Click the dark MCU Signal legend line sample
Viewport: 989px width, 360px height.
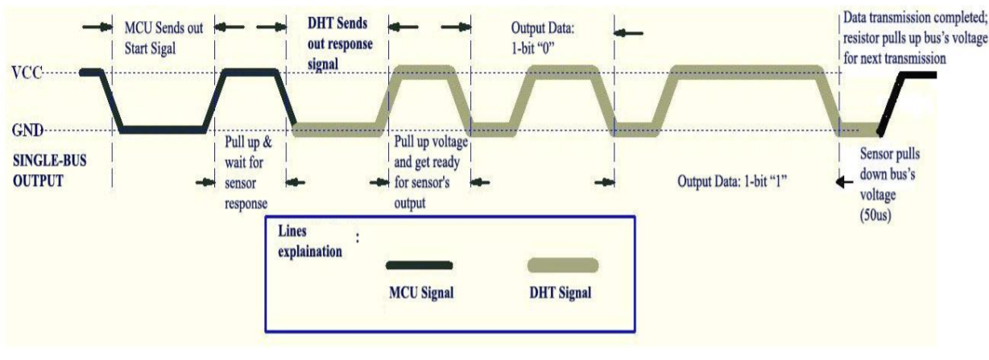click(418, 264)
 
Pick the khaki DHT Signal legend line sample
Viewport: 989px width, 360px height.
click(562, 265)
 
